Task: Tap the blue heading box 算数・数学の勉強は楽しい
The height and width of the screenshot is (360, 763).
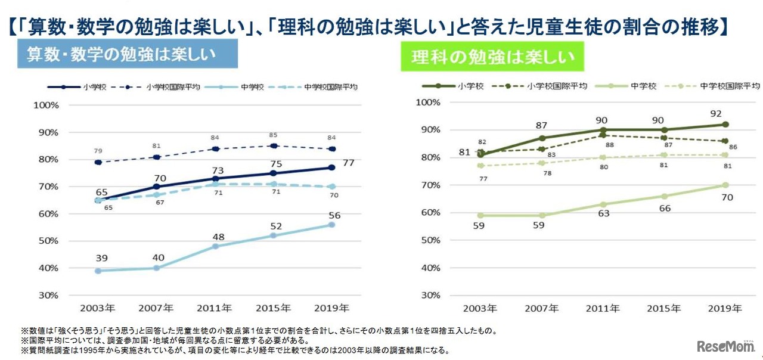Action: click(x=128, y=54)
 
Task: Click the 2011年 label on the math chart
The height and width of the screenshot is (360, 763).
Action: click(x=215, y=308)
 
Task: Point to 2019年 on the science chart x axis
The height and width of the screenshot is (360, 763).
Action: click(x=725, y=308)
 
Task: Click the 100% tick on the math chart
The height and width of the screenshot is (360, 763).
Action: click(x=46, y=105)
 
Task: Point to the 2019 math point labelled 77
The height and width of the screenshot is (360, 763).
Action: click(x=332, y=167)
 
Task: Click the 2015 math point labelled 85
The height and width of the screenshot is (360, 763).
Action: click(x=274, y=146)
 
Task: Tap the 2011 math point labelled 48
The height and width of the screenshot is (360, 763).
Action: click(x=215, y=246)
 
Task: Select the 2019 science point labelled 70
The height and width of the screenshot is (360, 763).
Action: click(x=725, y=185)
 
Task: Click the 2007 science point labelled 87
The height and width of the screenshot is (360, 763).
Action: click(x=542, y=138)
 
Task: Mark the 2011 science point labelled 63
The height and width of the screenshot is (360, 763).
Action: click(x=603, y=204)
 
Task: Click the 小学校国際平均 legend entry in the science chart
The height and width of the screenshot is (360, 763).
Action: click(x=547, y=86)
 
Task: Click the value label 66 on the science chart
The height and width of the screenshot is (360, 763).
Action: click(x=664, y=209)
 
